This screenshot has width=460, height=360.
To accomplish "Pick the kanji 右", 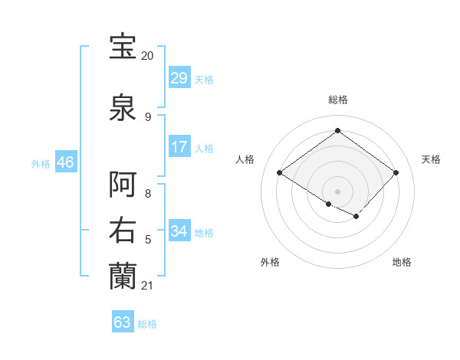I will (x=124, y=231).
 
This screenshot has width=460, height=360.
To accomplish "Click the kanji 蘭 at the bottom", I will (x=124, y=276).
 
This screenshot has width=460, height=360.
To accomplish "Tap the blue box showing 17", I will (x=179, y=146).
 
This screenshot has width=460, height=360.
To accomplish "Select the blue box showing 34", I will (x=179, y=231).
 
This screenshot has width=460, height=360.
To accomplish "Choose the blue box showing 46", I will (x=65, y=162).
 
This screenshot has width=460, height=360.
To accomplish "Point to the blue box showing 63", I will (x=123, y=322).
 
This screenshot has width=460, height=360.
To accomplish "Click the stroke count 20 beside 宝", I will (x=147, y=56).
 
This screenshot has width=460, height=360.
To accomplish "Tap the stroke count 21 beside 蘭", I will (x=147, y=286).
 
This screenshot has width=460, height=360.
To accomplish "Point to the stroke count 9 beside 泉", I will (x=148, y=116).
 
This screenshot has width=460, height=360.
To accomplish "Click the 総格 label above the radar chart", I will (x=338, y=100).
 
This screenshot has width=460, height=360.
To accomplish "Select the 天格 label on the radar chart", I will (x=431, y=159).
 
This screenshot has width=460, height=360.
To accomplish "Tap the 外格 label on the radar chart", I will (x=270, y=262).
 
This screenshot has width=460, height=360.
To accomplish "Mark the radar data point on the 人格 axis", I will (x=280, y=173).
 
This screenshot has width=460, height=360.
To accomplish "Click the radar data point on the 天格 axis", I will (x=396, y=173).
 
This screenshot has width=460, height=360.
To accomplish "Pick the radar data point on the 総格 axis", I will (x=337, y=131).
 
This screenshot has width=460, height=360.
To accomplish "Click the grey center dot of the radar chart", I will (x=337, y=191).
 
